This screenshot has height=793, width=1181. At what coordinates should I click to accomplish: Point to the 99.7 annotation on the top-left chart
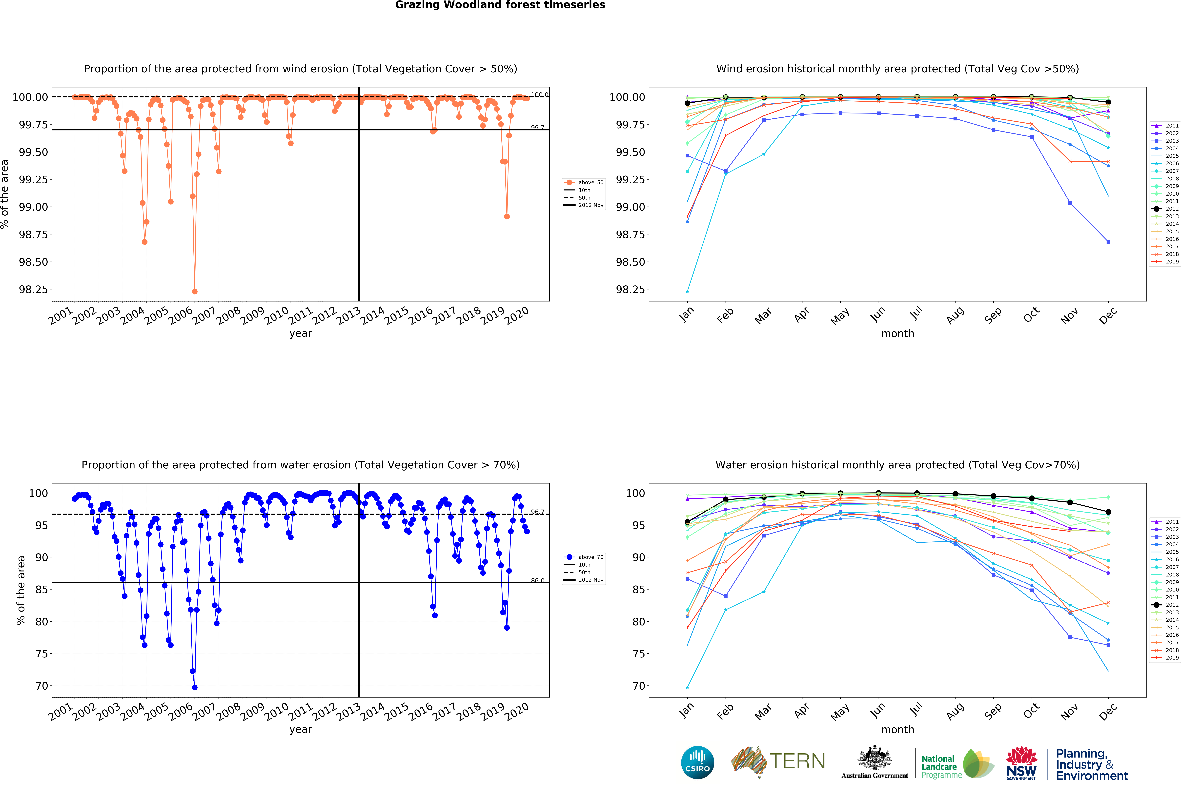pyautogui.click(x=537, y=127)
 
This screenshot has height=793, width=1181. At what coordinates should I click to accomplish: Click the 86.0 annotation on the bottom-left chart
pyautogui.click(x=537, y=581)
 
